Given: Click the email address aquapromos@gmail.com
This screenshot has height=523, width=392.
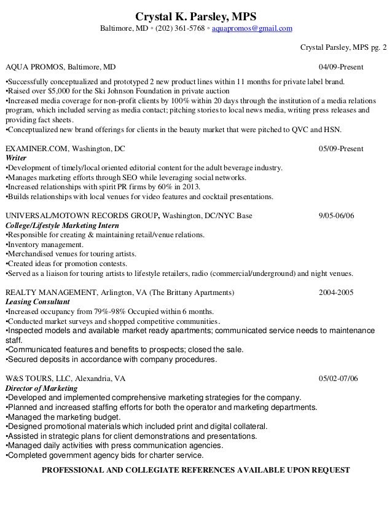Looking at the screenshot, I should coord(253,29).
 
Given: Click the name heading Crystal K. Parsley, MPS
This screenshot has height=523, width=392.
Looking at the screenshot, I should coord(196,15).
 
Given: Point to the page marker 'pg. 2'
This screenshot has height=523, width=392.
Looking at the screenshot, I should coord(378,47).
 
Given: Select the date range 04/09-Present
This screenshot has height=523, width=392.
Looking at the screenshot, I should coord(341,66).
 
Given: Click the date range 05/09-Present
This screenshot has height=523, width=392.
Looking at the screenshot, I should coord(341,149).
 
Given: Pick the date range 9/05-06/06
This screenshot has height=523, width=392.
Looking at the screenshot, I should coord(337,216).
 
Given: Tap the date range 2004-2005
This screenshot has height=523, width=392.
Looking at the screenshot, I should coord(336,293).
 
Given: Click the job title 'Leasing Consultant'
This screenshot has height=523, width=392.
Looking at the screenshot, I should coord(37,302).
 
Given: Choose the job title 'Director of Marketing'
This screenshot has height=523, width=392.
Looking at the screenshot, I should coord(41,388).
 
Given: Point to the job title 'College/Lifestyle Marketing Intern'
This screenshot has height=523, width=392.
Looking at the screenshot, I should coord(62,226).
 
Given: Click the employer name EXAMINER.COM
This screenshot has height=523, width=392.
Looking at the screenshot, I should coord(37,149).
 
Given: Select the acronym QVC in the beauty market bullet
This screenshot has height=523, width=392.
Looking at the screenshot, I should coord(298,130).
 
